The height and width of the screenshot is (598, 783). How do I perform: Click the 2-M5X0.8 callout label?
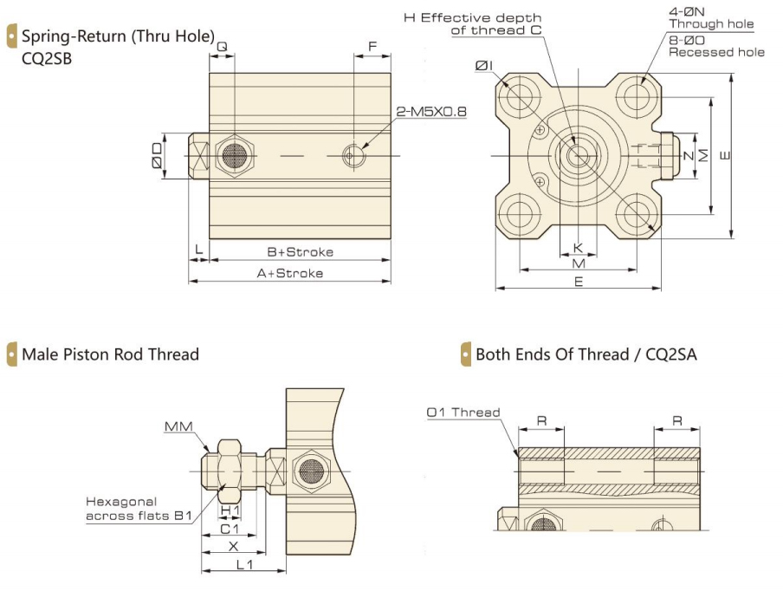point(431,112)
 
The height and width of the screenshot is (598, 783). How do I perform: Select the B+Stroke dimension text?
point(300,252)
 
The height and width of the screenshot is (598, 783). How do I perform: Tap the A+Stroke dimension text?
point(290,273)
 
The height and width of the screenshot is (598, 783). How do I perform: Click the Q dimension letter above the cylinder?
point(222,45)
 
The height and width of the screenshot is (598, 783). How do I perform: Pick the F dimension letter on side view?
point(372,45)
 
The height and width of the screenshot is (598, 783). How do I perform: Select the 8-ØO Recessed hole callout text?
point(715,46)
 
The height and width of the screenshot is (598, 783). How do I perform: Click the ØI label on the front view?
point(485,65)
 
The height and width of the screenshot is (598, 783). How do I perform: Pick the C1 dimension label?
point(229,529)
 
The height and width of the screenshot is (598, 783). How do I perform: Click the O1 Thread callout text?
point(463,413)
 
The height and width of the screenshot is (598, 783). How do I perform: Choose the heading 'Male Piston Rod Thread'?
point(110,354)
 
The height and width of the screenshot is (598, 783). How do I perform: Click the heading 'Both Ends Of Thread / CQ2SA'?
point(586,354)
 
